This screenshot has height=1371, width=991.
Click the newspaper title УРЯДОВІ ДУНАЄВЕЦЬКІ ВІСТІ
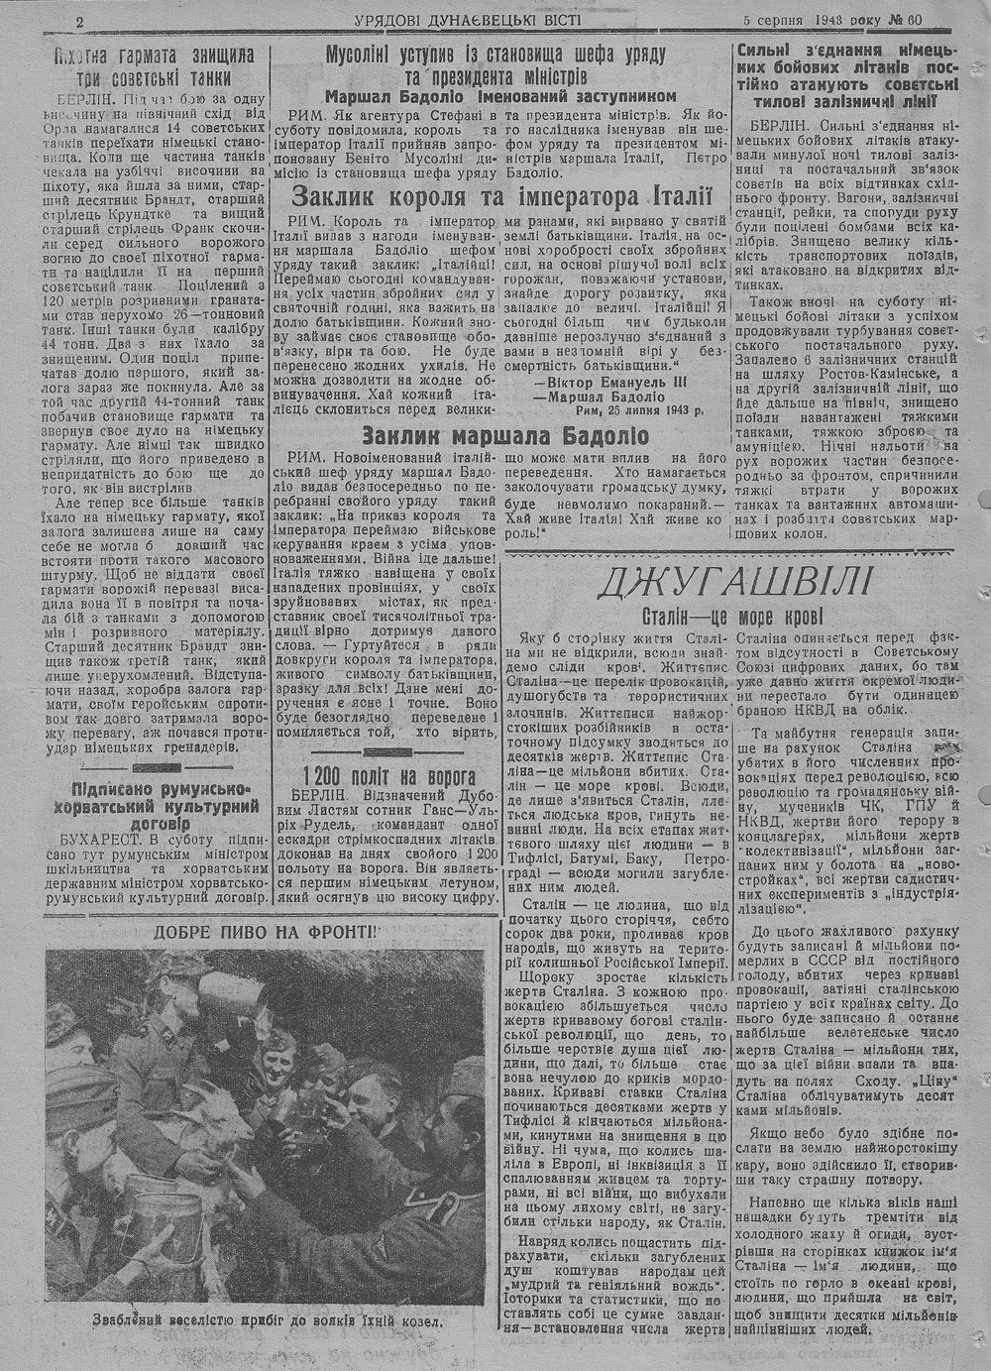468,20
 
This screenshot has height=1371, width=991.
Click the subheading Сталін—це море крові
733,616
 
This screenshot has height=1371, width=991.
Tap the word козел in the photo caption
416,1321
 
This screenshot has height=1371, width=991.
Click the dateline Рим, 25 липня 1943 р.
632,411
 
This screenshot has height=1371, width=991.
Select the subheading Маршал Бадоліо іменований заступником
500,96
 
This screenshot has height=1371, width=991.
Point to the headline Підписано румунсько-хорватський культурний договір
162,807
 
